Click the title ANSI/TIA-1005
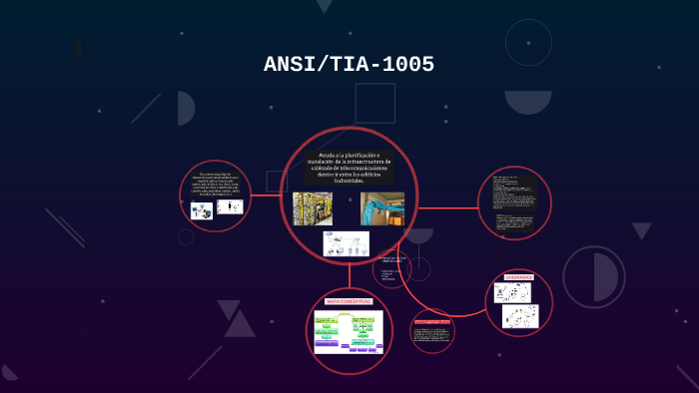coord(349,65)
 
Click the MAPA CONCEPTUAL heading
coord(349,300)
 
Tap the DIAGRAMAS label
coord(519,277)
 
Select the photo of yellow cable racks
coord(313,208)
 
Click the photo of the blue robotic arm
coord(381,208)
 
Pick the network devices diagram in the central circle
coord(346,243)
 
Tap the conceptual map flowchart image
coord(349,331)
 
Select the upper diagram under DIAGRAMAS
coord(512,292)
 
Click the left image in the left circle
coord(201,210)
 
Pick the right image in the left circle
coord(230,206)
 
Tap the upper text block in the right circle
coord(514,189)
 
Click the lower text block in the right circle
coord(514,217)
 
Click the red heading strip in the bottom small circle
coord(431,321)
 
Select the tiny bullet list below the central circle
coord(388,273)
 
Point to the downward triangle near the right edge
coord(641,230)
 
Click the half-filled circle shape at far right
coord(592,275)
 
